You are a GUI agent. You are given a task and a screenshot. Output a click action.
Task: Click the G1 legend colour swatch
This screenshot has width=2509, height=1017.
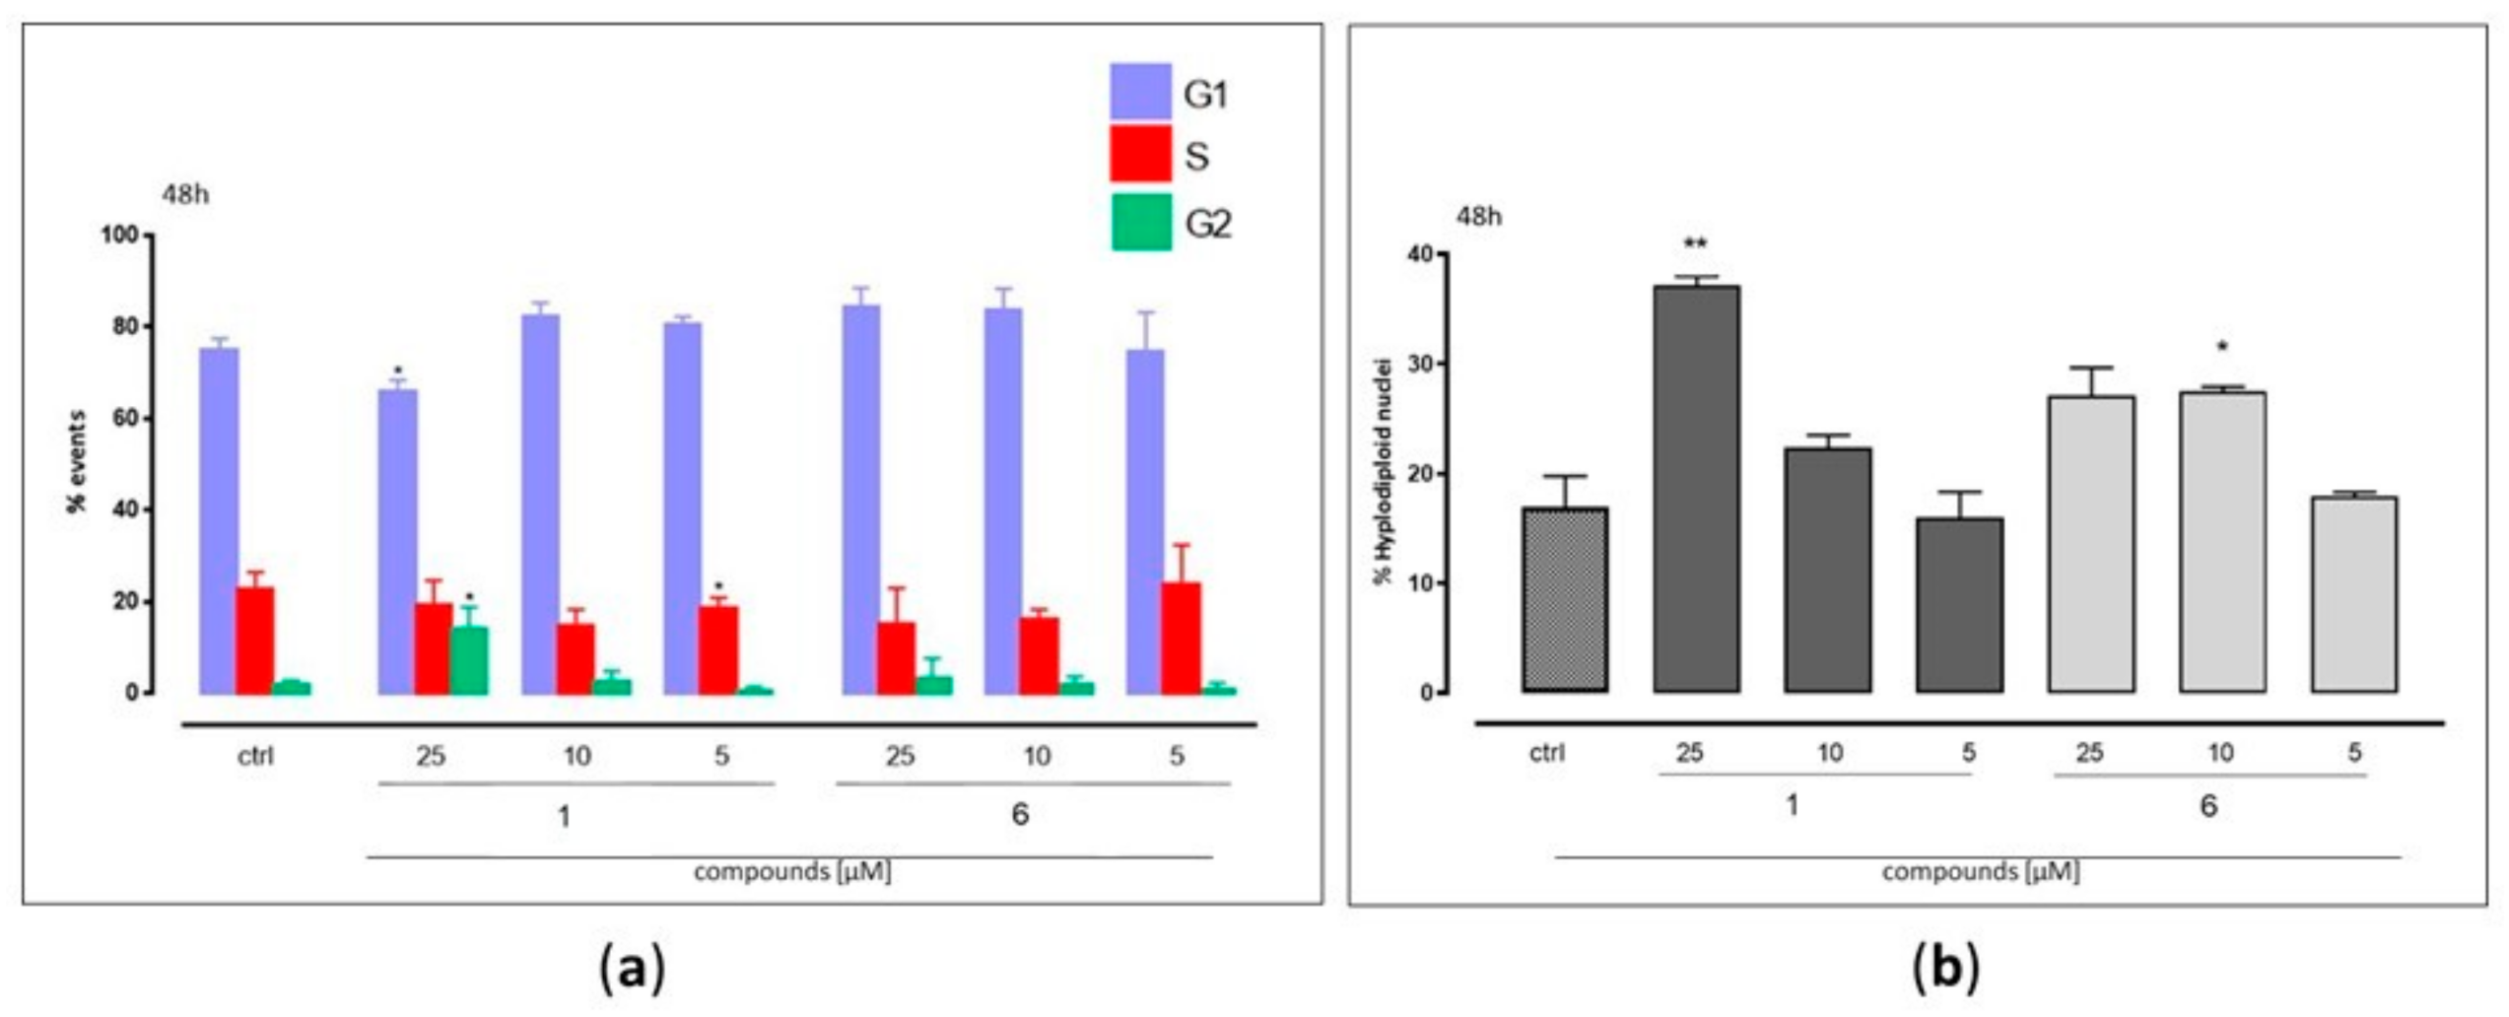(x=1140, y=92)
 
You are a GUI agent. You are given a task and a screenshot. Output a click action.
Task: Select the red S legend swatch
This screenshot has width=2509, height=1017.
(x=1140, y=154)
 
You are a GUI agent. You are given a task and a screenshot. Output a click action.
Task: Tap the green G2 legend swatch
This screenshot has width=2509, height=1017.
(x=1141, y=222)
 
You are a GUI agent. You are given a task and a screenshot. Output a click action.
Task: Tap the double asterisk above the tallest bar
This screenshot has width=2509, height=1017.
(x=1695, y=243)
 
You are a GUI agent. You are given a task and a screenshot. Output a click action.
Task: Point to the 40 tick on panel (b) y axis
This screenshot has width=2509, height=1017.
(x=1420, y=254)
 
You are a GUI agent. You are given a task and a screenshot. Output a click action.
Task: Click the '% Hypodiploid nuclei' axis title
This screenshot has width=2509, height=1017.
(x=1384, y=471)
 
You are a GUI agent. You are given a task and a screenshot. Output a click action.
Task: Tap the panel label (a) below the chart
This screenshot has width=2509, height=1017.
(x=632, y=969)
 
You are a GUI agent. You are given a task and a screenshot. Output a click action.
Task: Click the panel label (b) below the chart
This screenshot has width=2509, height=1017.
(x=1945, y=969)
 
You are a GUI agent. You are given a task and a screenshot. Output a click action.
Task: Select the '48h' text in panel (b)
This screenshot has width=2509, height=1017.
(x=1478, y=217)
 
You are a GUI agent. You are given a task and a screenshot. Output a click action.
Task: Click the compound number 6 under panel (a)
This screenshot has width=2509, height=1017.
(x=1020, y=814)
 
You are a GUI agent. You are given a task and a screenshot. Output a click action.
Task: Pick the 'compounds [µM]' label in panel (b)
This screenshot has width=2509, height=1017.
(x=1980, y=872)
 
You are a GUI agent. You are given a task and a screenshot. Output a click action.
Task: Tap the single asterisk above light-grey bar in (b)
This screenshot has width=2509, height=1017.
(x=2222, y=347)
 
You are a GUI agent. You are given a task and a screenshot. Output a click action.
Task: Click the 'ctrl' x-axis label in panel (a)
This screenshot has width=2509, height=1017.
(x=255, y=757)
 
